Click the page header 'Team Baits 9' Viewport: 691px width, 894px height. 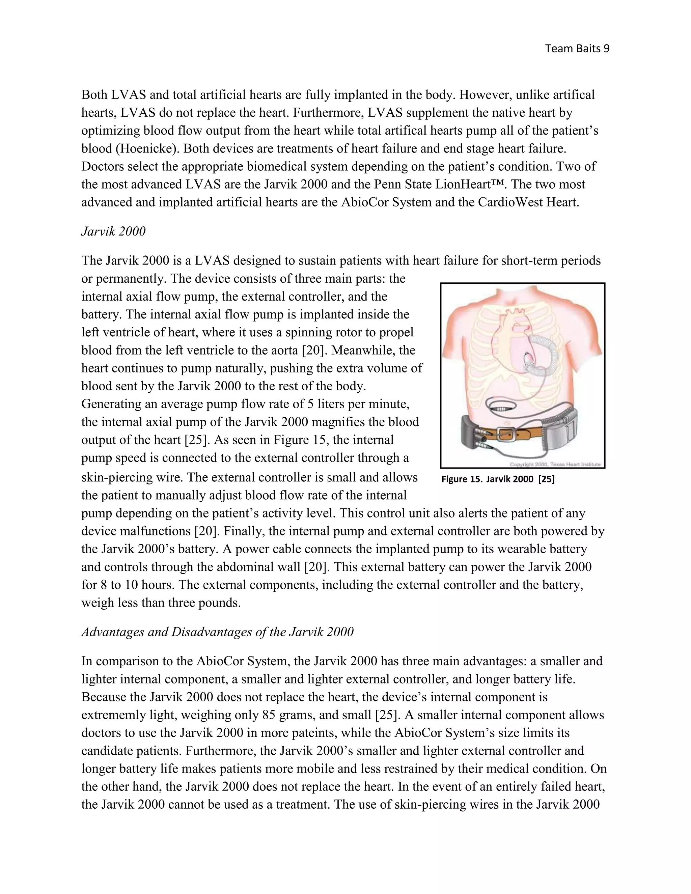coord(577,49)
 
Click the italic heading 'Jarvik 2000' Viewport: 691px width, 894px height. coord(113,231)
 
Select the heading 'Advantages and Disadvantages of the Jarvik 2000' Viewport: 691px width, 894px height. coord(217,632)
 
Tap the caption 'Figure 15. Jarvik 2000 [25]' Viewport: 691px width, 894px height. coord(498,479)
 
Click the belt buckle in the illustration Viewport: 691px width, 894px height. coord(506,433)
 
